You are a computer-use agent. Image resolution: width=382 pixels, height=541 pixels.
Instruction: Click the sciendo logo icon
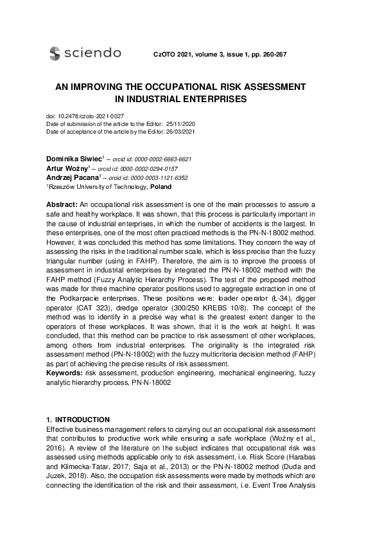point(55,53)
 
